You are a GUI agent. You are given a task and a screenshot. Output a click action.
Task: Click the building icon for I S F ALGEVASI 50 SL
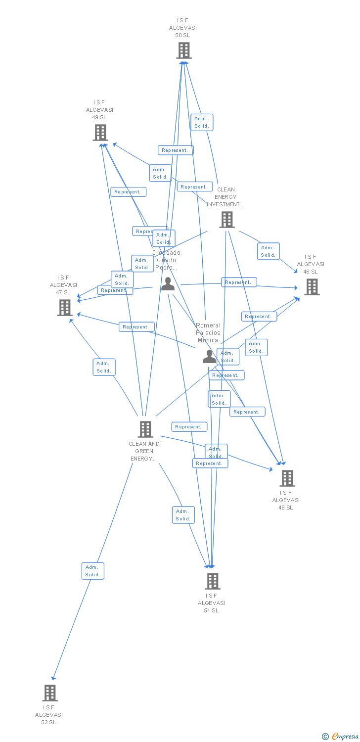[184, 50]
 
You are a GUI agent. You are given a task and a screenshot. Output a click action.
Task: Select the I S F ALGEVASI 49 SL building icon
[100, 133]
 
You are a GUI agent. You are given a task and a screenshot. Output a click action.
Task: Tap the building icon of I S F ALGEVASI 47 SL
[65, 308]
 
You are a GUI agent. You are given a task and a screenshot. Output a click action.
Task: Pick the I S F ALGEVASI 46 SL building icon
[312, 287]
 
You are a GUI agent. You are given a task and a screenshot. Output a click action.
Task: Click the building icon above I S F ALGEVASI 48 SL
[287, 478]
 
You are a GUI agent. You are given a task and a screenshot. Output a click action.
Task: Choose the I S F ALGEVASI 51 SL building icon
[212, 581]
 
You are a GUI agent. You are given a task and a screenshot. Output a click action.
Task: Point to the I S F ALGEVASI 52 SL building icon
[50, 693]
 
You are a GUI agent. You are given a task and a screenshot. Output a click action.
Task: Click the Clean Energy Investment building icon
[226, 220]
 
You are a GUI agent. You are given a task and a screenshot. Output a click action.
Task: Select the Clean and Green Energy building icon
[145, 429]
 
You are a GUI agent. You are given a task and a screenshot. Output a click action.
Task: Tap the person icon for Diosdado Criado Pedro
[168, 284]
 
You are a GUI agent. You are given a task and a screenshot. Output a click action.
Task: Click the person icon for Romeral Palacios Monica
[209, 356]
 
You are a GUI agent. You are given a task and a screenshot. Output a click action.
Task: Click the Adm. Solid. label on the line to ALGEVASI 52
[93, 571]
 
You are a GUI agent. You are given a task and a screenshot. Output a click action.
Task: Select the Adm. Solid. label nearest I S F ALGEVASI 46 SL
[268, 251]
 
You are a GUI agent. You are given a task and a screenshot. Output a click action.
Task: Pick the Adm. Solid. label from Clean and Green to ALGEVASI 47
[104, 367]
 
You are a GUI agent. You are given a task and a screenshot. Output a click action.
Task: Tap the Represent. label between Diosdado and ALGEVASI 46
[239, 282]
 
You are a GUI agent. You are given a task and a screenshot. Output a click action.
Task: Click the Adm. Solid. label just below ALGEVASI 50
[202, 122]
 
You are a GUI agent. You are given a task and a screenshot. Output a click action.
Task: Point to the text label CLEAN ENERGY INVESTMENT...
[225, 197]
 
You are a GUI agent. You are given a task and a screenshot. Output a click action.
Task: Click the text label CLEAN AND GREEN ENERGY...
[144, 451]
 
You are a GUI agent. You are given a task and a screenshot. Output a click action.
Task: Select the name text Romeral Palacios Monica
[208, 333]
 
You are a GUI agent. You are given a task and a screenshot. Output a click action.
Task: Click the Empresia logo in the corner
[340, 737]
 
